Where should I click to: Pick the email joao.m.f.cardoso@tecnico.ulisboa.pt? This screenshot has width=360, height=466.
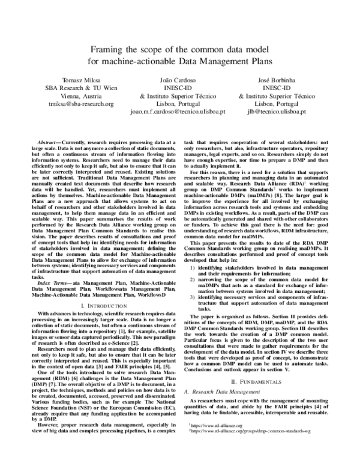[179, 111]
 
